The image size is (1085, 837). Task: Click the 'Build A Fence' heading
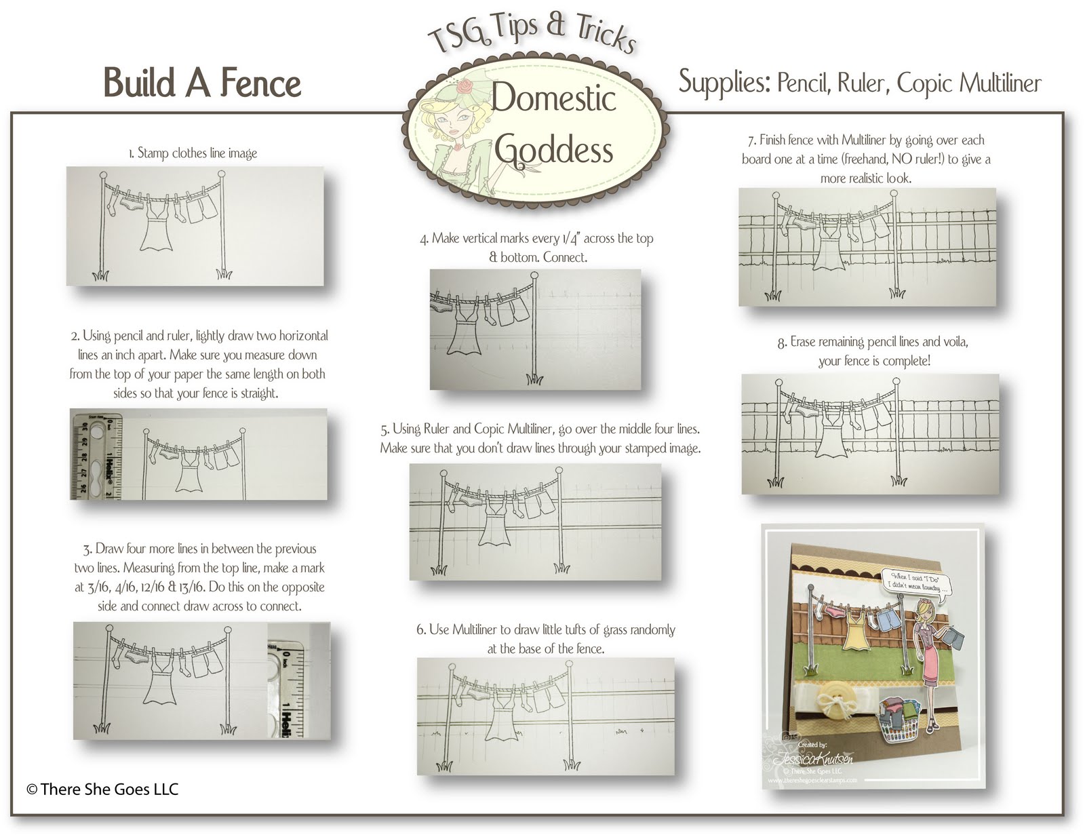pos(202,84)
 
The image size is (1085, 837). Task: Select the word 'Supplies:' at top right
pos(724,83)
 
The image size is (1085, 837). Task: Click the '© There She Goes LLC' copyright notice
pos(102,789)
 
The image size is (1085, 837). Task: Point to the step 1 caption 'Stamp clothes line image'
pos(193,153)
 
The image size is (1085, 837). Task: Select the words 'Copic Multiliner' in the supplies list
pos(969,83)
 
